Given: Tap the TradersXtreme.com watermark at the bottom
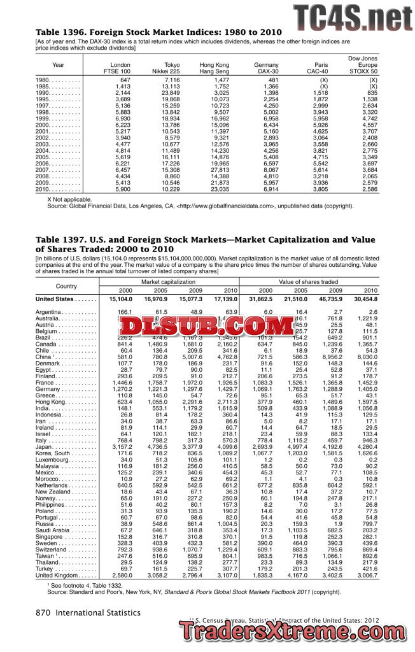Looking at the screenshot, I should tap(296, 632).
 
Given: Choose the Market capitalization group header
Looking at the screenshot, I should tap(169, 281).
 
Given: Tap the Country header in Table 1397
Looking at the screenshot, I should tap(66, 286).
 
